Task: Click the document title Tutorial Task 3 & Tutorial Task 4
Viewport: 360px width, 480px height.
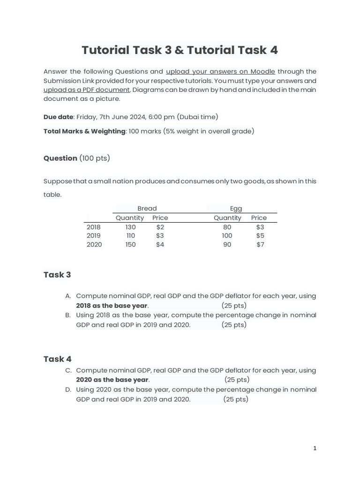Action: point(180,50)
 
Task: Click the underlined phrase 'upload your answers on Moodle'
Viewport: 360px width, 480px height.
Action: point(220,72)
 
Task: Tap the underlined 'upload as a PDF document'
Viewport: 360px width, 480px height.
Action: point(87,90)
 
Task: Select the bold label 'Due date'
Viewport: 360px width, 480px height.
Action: point(58,117)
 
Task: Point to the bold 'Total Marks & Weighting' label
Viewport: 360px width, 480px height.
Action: point(84,131)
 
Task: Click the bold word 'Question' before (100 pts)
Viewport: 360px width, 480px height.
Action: point(60,158)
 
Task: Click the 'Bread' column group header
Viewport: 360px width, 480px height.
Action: point(147,209)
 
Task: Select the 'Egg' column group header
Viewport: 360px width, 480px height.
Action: point(236,209)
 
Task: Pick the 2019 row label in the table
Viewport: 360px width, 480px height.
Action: point(93,236)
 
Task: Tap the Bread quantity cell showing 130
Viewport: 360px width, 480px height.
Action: point(130,227)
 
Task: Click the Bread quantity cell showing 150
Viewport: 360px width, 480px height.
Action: point(130,245)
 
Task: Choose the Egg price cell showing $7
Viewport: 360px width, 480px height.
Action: point(260,245)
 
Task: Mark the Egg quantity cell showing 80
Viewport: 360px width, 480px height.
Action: point(227,227)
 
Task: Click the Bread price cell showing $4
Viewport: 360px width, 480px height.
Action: point(160,245)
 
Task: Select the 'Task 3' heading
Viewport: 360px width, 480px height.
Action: point(57,275)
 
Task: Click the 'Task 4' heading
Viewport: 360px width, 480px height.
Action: point(57,359)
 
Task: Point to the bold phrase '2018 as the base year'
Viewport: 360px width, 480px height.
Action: point(112,306)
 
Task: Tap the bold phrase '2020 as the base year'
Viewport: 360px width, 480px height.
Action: point(112,380)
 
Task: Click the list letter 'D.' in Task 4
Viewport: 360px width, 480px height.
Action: point(68,390)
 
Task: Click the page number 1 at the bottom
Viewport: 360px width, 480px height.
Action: point(315,448)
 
